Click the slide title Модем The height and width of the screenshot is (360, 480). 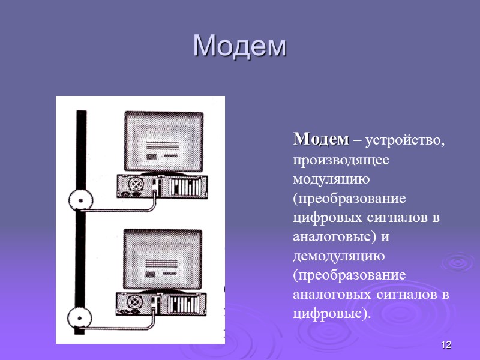240,46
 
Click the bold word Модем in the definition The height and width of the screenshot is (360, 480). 320,140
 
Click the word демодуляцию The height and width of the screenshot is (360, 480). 338,256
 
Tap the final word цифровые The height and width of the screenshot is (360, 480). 331,314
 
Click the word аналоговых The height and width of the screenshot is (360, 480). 334,295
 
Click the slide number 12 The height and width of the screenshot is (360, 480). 445,345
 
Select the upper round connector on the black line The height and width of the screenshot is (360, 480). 80,199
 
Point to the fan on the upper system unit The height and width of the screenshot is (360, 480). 136,183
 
